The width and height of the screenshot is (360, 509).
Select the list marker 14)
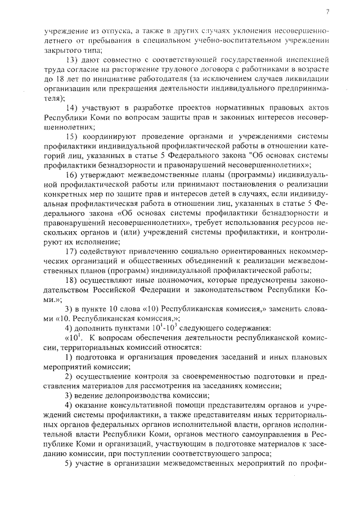pyautogui.click(x=73, y=107)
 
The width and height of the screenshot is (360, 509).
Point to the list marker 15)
pyautogui.click(x=73, y=137)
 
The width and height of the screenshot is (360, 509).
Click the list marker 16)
pyautogui.click(x=73, y=175)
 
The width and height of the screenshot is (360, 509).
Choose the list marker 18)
pyautogui.click(x=73, y=280)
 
